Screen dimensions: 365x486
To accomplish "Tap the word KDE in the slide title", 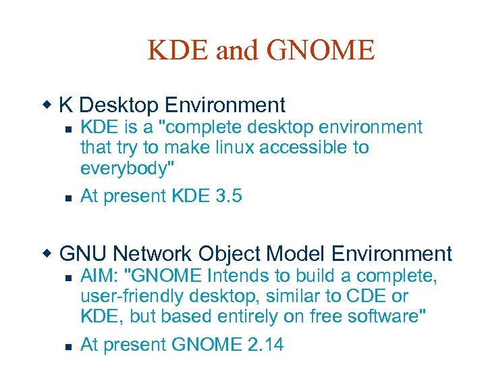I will (178, 50).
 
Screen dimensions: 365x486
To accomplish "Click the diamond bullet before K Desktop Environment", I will (47, 105).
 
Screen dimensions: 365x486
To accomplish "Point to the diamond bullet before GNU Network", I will (47, 253).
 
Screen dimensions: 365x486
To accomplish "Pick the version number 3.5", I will (226, 196).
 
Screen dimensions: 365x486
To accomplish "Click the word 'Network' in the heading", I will (153, 254).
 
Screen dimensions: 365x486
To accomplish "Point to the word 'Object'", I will (230, 254).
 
